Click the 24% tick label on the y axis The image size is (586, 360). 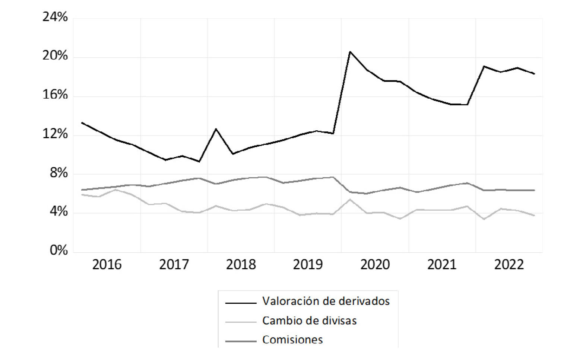pyautogui.click(x=55, y=17)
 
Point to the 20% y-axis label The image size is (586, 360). pyautogui.click(x=55, y=56)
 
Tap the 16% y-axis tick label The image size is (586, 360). pyautogui.click(x=55, y=95)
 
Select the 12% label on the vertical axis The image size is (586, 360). pyautogui.click(x=55, y=134)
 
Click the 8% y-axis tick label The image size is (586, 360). pyautogui.click(x=58, y=173)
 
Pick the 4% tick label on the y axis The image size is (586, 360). pyautogui.click(x=58, y=212)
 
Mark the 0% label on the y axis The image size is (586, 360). pyautogui.click(x=58, y=251)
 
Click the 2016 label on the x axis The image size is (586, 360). pyautogui.click(x=107, y=265)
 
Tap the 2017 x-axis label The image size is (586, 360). pyautogui.click(x=174, y=265)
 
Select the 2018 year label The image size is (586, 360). pyautogui.click(x=241, y=265)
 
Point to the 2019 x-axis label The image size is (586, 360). pyautogui.click(x=308, y=265)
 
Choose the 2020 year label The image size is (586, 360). pyautogui.click(x=375, y=265)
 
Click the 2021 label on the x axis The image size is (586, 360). pyautogui.click(x=442, y=265)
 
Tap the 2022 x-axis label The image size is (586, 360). pyautogui.click(x=509, y=265)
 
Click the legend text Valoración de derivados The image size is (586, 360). pyautogui.click(x=326, y=301)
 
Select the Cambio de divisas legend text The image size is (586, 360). pyautogui.click(x=309, y=321)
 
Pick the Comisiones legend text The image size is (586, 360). pyautogui.click(x=292, y=340)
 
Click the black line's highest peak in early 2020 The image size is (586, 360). pyautogui.click(x=350, y=52)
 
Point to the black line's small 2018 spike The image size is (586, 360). pyautogui.click(x=216, y=129)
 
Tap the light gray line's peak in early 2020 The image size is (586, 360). pyautogui.click(x=350, y=200)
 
